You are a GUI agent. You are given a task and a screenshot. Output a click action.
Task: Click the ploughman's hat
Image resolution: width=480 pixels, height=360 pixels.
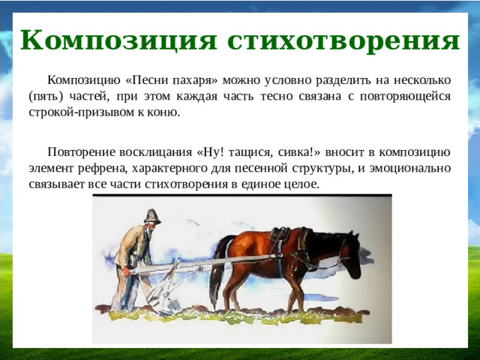click(152, 216)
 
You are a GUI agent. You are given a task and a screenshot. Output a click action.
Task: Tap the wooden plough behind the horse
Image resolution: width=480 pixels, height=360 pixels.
click(161, 285)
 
